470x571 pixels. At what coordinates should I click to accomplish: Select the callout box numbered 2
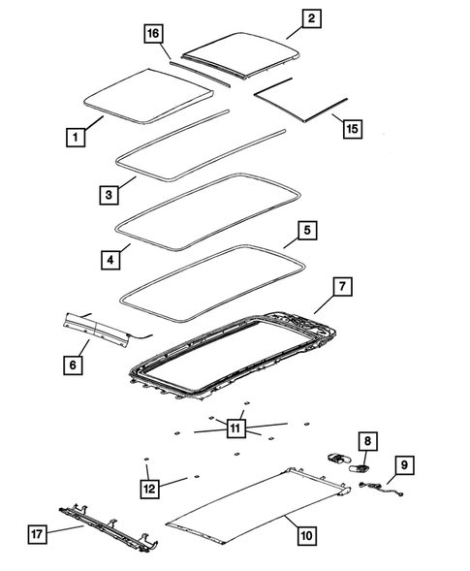click(310, 18)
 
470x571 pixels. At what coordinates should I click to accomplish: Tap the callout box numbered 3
click(110, 194)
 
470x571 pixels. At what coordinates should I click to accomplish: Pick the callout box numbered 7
click(342, 286)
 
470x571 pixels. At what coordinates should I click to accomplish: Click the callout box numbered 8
click(367, 441)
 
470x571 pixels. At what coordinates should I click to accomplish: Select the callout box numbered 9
click(404, 465)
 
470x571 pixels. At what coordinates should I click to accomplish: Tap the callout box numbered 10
click(306, 532)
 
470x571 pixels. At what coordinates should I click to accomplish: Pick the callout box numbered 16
click(153, 34)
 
